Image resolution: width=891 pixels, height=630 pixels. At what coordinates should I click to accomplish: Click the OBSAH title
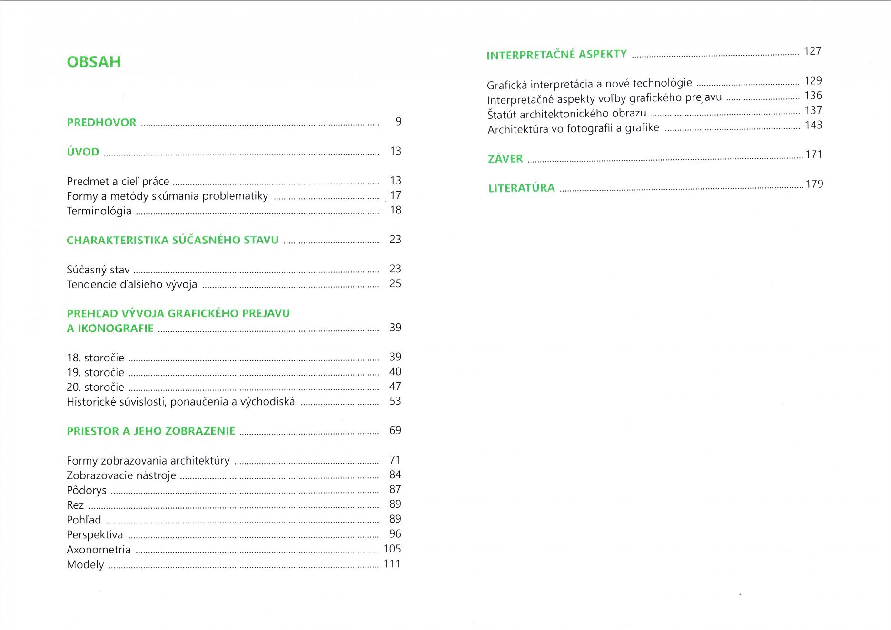click(x=94, y=62)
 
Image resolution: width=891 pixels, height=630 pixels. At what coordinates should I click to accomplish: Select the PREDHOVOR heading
click(x=101, y=122)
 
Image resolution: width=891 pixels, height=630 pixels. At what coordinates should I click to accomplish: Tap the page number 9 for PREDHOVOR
click(x=398, y=122)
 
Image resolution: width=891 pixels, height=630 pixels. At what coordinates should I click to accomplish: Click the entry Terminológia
click(x=99, y=211)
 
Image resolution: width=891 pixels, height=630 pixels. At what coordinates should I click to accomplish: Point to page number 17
click(x=395, y=195)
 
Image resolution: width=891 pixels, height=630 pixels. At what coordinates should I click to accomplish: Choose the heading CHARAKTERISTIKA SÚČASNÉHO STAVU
click(x=172, y=240)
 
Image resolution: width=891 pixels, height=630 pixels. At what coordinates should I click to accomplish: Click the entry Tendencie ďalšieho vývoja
click(x=132, y=284)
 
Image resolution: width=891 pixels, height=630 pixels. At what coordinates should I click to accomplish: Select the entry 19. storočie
click(x=95, y=372)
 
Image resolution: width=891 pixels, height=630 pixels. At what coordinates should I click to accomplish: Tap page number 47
click(x=395, y=387)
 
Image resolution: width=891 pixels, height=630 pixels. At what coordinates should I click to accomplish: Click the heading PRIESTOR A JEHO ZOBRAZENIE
click(x=151, y=431)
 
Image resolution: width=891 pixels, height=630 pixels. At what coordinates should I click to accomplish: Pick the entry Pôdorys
click(x=87, y=490)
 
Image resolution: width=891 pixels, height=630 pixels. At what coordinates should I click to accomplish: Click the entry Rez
click(x=75, y=505)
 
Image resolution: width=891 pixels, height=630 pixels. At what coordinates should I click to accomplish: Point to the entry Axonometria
click(x=99, y=550)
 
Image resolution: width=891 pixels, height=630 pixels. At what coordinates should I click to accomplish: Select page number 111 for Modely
click(x=392, y=564)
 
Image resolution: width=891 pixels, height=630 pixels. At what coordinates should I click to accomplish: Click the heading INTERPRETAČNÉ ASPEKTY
click(x=556, y=55)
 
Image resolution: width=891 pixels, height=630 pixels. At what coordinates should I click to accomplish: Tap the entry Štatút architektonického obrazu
click(x=566, y=114)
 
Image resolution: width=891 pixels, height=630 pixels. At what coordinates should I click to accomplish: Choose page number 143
click(x=813, y=125)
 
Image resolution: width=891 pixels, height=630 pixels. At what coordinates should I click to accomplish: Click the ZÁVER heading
click(x=505, y=159)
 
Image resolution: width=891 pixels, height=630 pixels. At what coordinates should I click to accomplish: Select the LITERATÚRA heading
click(x=522, y=188)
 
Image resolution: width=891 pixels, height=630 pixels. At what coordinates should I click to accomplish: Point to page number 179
click(x=814, y=184)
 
